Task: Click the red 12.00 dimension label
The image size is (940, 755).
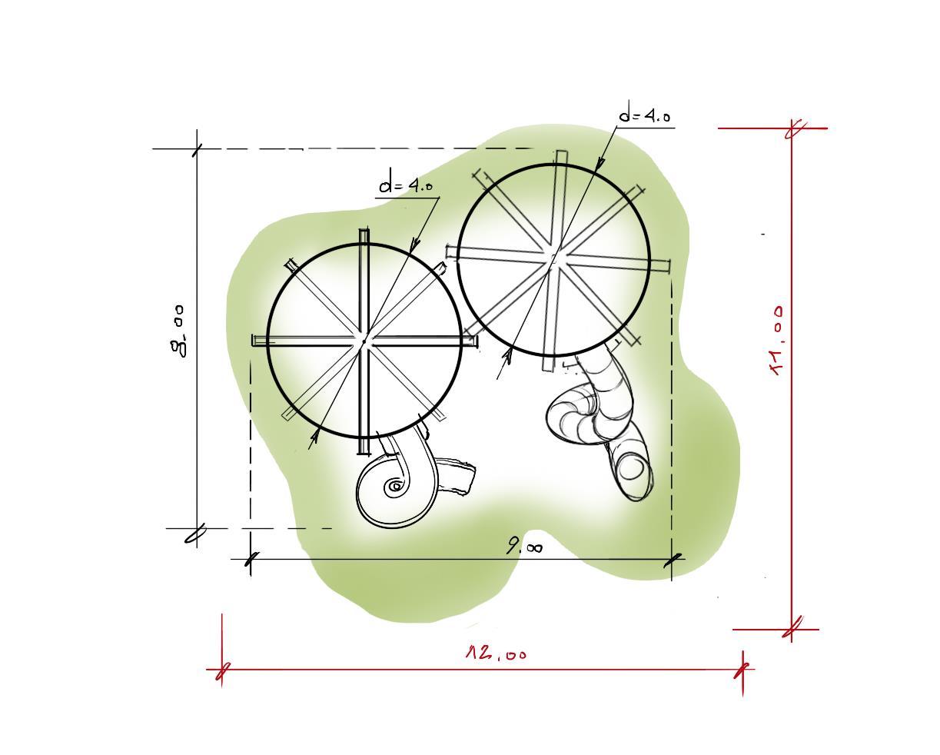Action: pyautogui.click(x=497, y=653)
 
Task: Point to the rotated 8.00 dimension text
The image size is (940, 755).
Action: pyautogui.click(x=177, y=331)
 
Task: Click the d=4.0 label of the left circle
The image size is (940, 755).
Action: pyautogui.click(x=406, y=186)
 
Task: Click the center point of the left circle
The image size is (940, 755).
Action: pyautogui.click(x=364, y=341)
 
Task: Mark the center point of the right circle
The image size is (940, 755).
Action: pyautogui.click(x=554, y=260)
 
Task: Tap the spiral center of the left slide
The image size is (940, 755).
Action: pyautogui.click(x=396, y=485)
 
